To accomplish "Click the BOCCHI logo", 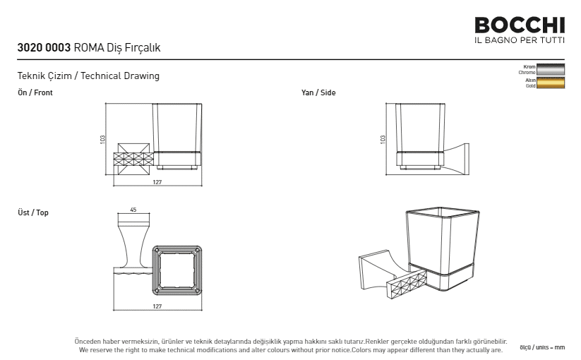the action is pos(520,25).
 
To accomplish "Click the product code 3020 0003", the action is pos(44,48).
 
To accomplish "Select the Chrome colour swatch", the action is pos(551,70).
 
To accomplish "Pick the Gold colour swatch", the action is pos(551,83).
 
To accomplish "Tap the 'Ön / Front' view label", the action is pos(35,92).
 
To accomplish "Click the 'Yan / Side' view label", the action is pos(318,92).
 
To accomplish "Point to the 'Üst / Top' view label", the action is pos(33,212).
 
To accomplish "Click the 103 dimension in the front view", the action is pos(102,139).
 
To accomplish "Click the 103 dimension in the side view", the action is pos(383,139).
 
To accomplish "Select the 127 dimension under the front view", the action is pos(157,182).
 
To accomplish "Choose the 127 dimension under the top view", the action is pos(157,306).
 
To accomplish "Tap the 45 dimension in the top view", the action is pos(133,210).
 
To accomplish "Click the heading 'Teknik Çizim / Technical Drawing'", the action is pos(88,76).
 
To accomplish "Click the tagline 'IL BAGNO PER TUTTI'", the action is pos(520,40).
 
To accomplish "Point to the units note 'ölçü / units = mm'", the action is pos(542,347).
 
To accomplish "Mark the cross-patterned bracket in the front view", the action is pos(133,160).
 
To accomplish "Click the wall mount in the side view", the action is pos(457,159).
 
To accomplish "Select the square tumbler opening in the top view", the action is pos(177,270).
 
